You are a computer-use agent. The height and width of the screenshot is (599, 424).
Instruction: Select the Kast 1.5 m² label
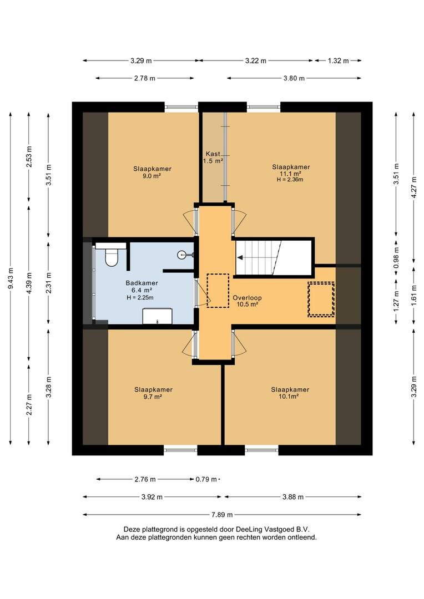[213, 158]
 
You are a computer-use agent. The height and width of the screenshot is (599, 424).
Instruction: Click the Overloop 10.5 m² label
[247, 301]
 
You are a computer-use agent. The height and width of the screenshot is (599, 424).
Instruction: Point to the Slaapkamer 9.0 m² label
[152, 172]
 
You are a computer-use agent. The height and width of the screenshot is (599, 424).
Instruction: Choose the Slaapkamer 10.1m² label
[290, 393]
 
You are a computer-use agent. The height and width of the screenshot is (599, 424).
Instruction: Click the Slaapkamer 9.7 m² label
[153, 393]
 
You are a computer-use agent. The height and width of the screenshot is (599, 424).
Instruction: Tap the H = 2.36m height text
[290, 180]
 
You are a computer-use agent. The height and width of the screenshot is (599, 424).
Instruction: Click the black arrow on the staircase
[240, 258]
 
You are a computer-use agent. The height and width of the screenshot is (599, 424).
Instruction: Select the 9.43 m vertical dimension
[11, 278]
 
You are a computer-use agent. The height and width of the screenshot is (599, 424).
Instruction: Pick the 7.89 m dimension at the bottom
[222, 515]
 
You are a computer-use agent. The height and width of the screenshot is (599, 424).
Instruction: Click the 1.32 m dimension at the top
[338, 60]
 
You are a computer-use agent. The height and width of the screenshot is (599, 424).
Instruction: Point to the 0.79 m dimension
[206, 479]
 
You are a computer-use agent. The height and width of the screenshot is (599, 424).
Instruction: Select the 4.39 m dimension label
[29, 283]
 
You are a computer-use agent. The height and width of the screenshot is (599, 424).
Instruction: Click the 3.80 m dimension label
[294, 78]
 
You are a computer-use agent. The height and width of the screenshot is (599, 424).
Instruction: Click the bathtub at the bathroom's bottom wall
[157, 316]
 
